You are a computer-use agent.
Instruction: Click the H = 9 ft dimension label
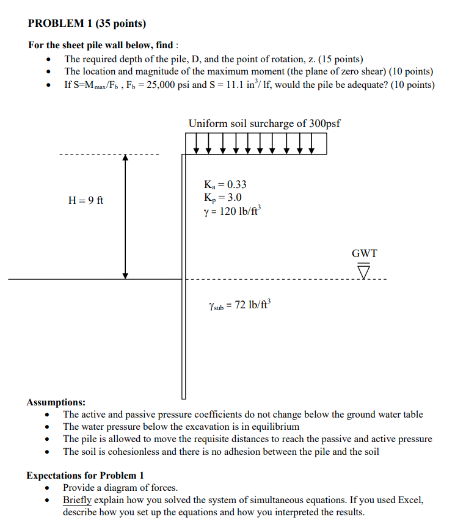coord(86,200)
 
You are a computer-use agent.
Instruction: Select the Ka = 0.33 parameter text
coord(225,184)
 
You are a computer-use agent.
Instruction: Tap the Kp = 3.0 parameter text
coord(224,197)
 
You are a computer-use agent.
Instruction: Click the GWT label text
coord(364,253)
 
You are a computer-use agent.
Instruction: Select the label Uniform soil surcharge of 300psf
coord(264,123)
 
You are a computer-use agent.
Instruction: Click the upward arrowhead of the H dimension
coord(125,158)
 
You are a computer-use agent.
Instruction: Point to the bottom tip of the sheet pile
coord(183,396)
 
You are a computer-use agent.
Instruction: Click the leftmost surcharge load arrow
coord(196,144)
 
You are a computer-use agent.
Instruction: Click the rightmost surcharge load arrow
coord(313,144)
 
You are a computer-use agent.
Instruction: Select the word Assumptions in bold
coord(56,402)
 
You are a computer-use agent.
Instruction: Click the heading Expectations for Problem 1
coord(86,475)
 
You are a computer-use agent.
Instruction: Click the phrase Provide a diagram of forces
coord(120,487)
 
